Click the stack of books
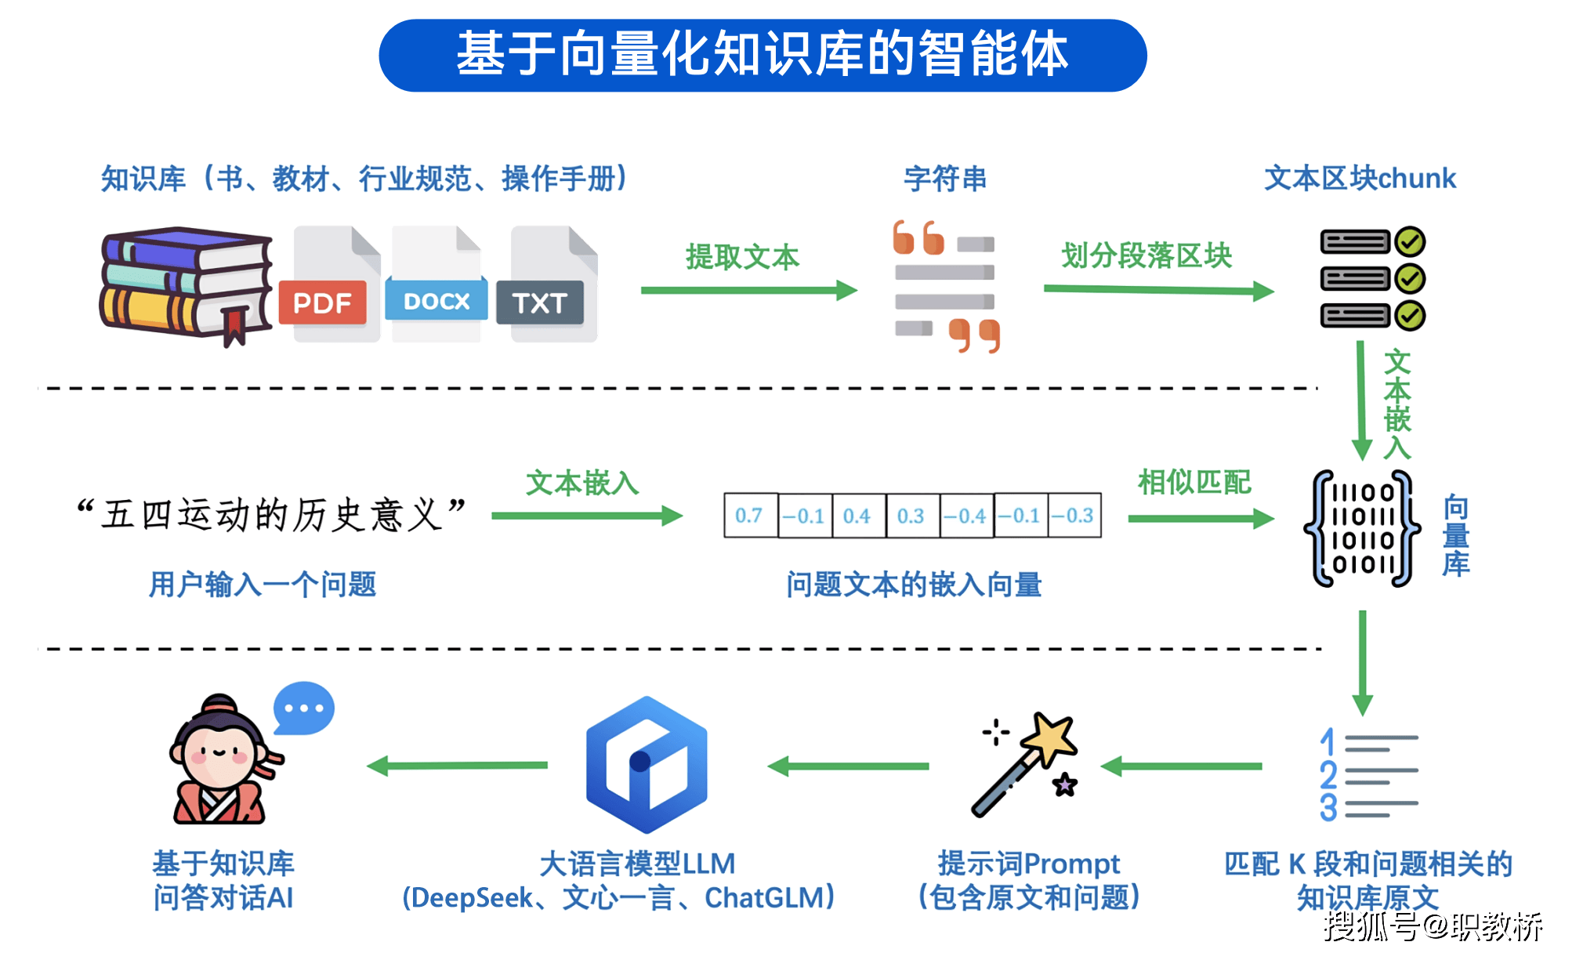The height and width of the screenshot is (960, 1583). [x=186, y=284]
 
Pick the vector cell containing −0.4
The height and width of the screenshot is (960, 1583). [x=966, y=515]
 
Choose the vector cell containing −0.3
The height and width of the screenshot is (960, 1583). [x=1074, y=515]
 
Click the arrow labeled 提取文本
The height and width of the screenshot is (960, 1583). [x=748, y=291]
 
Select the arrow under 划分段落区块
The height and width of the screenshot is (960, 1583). [x=1158, y=290]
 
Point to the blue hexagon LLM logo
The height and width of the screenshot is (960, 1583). [x=647, y=764]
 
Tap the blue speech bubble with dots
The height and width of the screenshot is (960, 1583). [x=303, y=707]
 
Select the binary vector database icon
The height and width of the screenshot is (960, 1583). [x=1362, y=528]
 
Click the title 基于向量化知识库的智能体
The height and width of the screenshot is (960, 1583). [x=763, y=55]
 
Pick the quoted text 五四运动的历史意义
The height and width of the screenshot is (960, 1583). [x=271, y=515]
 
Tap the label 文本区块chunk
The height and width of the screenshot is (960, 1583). [x=1360, y=179]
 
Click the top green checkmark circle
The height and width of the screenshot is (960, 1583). [x=1410, y=241]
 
